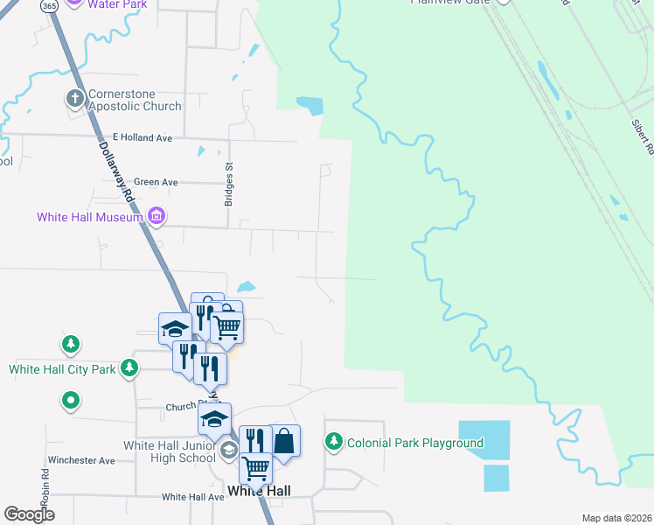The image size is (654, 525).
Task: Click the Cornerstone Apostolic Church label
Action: pyautogui.click(x=134, y=100)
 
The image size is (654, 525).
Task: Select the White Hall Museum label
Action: pyautogui.click(x=89, y=217)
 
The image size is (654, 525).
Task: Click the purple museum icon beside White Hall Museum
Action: pyautogui.click(x=157, y=215)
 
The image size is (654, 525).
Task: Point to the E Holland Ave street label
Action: pyautogui.click(x=143, y=138)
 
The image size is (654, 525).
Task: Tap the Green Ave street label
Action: pyautogui.click(x=157, y=182)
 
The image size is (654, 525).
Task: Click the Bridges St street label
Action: pyautogui.click(x=229, y=184)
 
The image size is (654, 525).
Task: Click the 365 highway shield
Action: pyautogui.click(x=49, y=4)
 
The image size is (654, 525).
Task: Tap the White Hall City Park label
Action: pyautogui.click(x=62, y=369)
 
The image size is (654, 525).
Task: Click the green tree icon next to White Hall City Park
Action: pyautogui.click(x=129, y=367)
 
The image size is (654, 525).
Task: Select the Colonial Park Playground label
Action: pyautogui.click(x=415, y=443)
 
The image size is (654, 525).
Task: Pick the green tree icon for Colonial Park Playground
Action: pyautogui.click(x=332, y=442)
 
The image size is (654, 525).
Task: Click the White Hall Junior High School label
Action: pyautogui.click(x=169, y=451)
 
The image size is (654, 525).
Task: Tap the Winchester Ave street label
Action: pyautogui.click(x=81, y=460)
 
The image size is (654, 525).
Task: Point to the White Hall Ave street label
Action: pyautogui.click(x=192, y=497)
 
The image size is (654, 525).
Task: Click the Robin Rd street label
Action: pyautogui.click(x=45, y=484)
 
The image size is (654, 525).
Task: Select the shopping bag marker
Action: pyautogui.click(x=285, y=440)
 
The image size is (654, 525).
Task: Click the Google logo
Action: pyautogui.click(x=29, y=514)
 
